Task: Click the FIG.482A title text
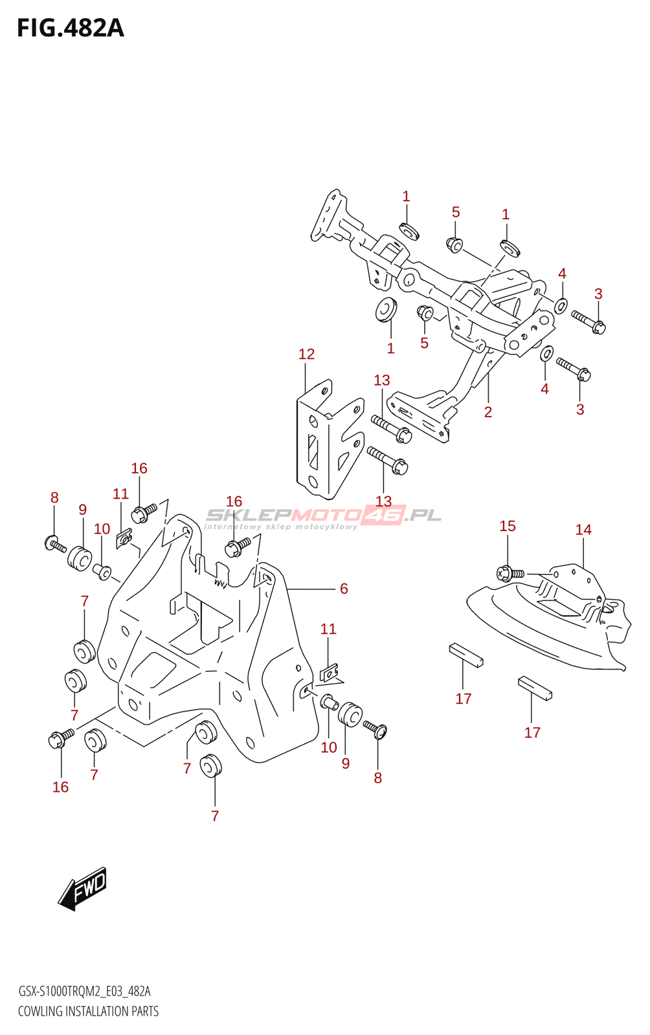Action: pos(70,28)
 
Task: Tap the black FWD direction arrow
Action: pos(82,889)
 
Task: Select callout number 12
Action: pos(306,354)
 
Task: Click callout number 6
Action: pos(344,589)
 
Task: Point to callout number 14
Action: pos(583,530)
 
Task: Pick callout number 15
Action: pos(508,527)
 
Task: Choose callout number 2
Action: pos(488,412)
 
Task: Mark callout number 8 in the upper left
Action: pos(54,497)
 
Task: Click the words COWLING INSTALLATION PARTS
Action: pos(88,1011)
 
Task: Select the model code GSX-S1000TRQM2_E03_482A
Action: pos(84,992)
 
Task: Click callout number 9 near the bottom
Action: pos(346,763)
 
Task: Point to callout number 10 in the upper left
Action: pos(102,529)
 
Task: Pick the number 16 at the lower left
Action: pos(60,787)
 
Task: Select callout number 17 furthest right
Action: pos(532,733)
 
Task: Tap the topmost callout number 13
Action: pos(382,380)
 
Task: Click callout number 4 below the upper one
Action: pos(544,389)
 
